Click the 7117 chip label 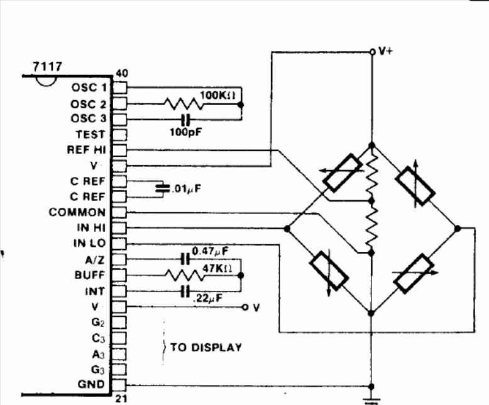click(x=47, y=67)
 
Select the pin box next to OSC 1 click(x=119, y=88)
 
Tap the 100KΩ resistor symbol click(x=184, y=104)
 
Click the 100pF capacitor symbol click(x=185, y=120)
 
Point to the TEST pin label click(x=90, y=134)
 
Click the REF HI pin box click(x=119, y=151)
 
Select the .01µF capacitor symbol click(x=163, y=188)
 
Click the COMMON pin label click(x=77, y=212)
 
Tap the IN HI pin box click(x=119, y=228)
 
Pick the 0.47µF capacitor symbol click(x=185, y=260)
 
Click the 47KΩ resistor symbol click(x=185, y=275)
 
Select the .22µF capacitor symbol click(x=185, y=292)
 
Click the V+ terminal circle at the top click(x=371, y=52)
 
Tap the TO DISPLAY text click(x=206, y=348)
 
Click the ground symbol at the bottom click(x=371, y=401)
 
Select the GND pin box click(x=119, y=385)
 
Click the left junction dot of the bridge click(x=287, y=229)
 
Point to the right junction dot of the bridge click(x=458, y=229)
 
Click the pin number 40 click(x=122, y=74)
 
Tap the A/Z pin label click(x=95, y=260)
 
